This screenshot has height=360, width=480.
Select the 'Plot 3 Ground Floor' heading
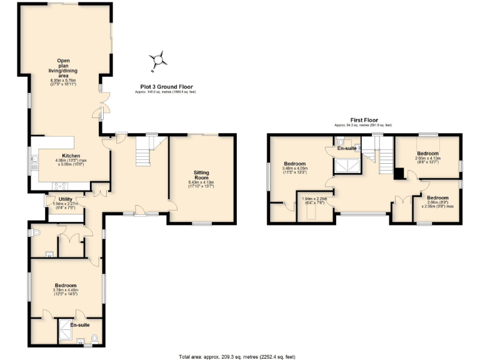pyautogui.click(x=166, y=87)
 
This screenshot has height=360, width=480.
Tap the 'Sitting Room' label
pyautogui.click(x=201, y=174)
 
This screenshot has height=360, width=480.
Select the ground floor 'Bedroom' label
pyautogui.click(x=67, y=285)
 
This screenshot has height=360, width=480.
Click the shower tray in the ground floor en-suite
pyautogui.click(x=65, y=328)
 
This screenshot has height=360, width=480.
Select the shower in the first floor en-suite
pyautogui.click(x=347, y=164)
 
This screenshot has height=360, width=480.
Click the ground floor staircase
pyautogui.click(x=145, y=152)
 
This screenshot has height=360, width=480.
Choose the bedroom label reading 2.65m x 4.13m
pyautogui.click(x=428, y=156)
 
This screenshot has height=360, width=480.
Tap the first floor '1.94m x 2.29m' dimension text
pyautogui.click(x=316, y=200)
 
